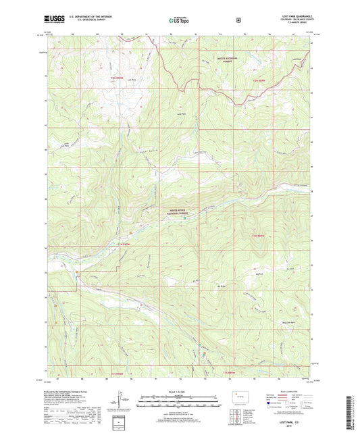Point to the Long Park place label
(180, 113)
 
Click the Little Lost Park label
(65, 145)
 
